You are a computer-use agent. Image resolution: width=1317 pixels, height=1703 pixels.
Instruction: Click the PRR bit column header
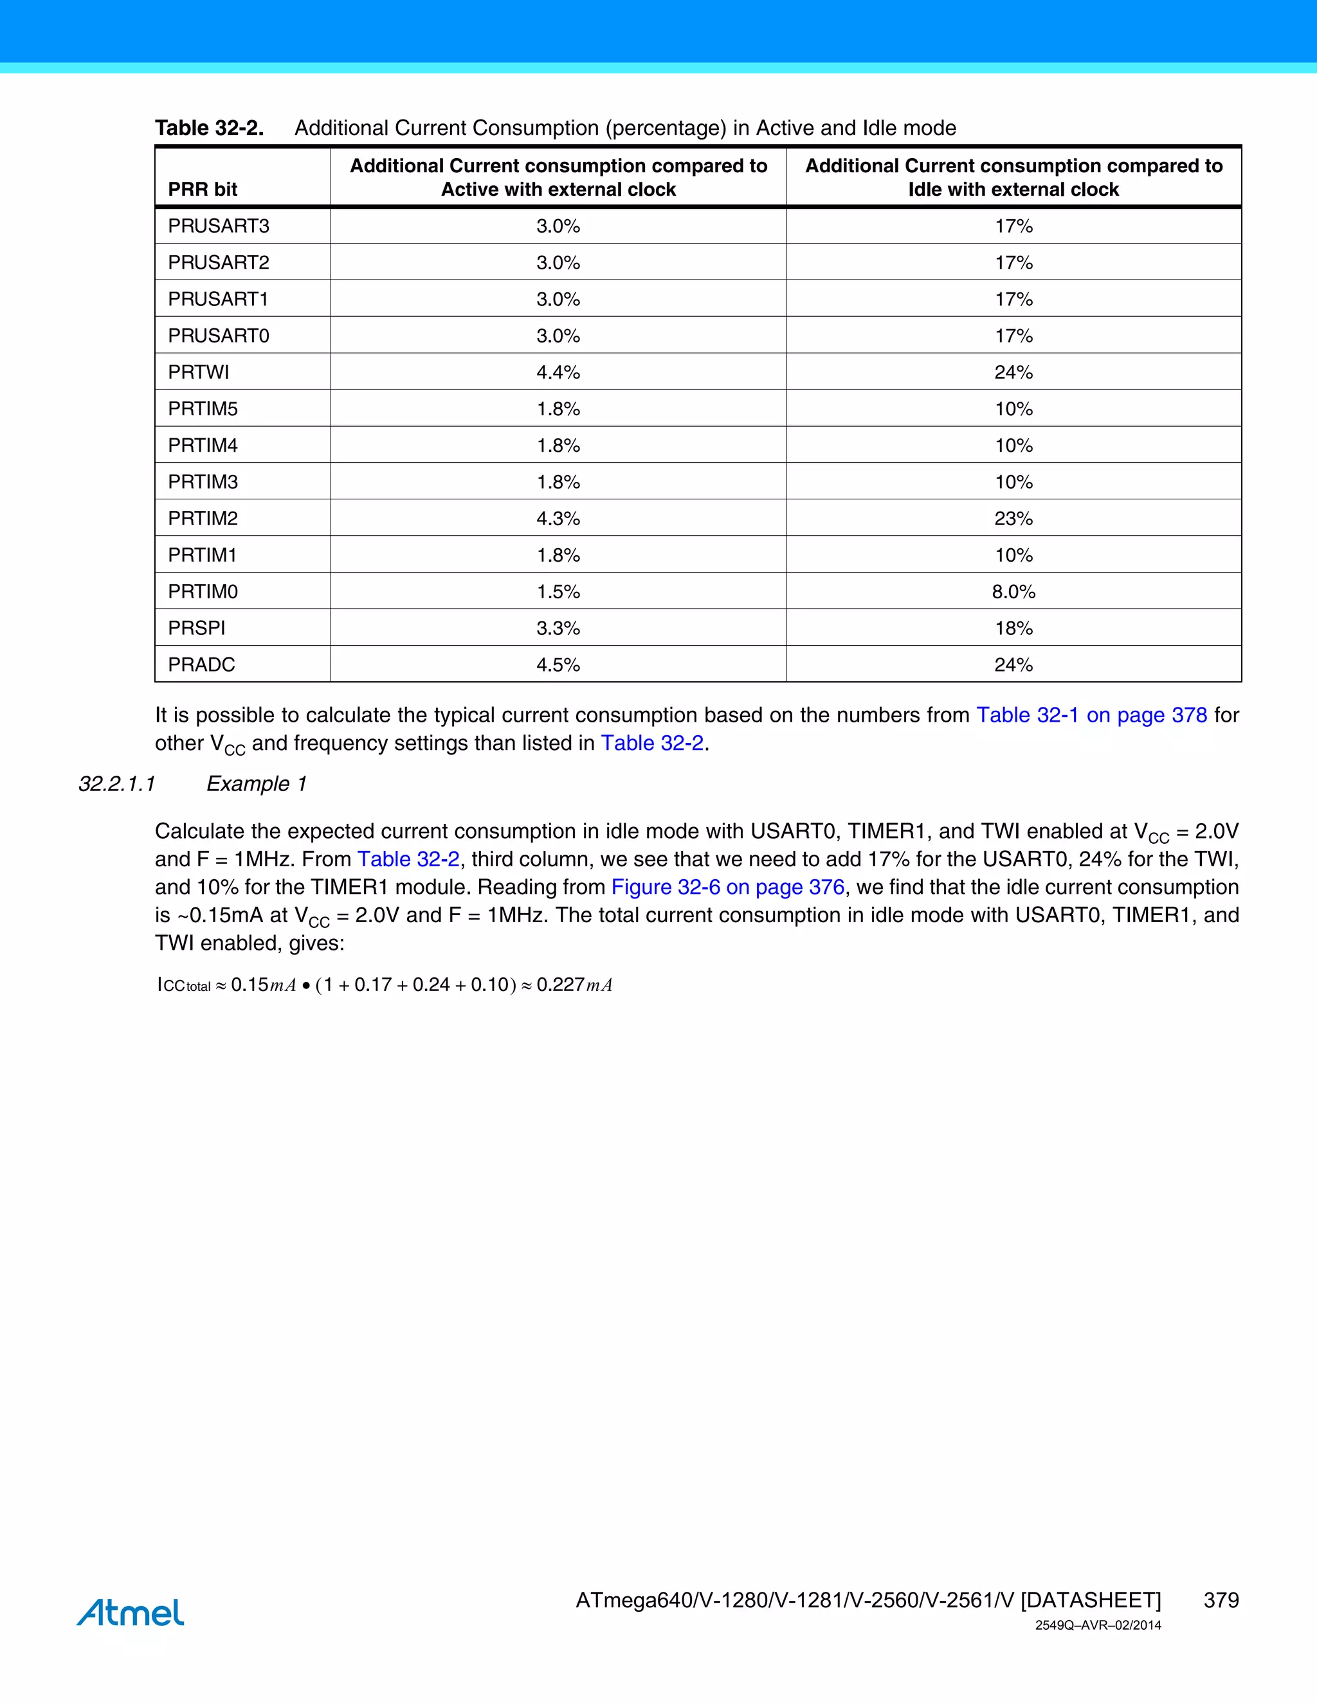(x=203, y=190)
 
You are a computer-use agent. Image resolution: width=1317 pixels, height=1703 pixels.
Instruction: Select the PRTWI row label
(x=198, y=372)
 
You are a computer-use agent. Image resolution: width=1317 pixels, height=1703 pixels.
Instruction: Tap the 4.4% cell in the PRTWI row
(x=558, y=372)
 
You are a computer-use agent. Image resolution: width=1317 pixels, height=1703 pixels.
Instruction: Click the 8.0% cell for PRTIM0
(x=1013, y=592)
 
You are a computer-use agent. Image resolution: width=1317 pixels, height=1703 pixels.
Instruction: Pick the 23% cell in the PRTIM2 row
(x=1013, y=519)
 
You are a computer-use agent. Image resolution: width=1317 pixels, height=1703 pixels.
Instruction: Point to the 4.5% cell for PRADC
(x=558, y=665)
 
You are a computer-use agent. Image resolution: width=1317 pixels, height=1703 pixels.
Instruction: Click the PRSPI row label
(x=197, y=629)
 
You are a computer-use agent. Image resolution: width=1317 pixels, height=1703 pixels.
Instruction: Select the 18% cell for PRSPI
(x=1013, y=629)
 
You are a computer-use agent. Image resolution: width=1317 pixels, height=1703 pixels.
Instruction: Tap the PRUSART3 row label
(x=219, y=226)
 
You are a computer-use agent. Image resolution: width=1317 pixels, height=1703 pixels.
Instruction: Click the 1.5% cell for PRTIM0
(x=558, y=592)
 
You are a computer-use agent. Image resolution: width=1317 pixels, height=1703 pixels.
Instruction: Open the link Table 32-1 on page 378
(x=1091, y=715)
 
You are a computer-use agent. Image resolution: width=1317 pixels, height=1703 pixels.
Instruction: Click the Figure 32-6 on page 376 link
(x=727, y=887)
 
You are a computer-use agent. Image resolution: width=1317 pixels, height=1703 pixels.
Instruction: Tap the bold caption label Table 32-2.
(x=209, y=128)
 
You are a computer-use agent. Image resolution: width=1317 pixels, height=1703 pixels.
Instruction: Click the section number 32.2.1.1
(x=117, y=783)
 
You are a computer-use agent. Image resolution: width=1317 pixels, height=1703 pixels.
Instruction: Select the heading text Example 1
(x=256, y=783)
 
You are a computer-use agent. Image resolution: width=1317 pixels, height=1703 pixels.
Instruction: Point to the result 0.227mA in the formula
(x=574, y=985)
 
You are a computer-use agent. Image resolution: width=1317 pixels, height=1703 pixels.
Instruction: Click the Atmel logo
(x=131, y=1612)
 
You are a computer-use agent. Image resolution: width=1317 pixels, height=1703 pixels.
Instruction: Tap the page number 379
(x=1221, y=1600)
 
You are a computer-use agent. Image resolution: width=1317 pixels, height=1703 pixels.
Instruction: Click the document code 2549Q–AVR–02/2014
(x=1098, y=1626)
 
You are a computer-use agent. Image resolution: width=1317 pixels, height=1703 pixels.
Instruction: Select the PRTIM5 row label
(x=203, y=409)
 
